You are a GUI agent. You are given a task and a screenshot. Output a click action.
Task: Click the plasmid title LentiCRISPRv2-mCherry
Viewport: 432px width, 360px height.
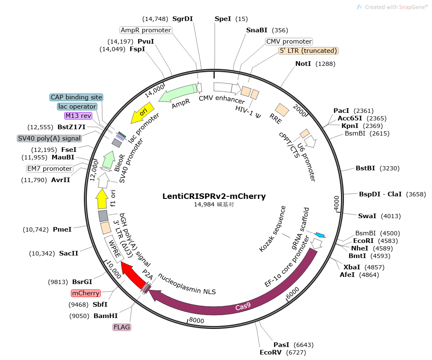coord(214,196)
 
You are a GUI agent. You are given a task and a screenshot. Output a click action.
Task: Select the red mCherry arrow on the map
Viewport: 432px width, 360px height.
coord(133,274)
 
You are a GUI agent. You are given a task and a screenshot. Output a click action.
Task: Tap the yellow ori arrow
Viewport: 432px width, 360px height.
coord(142,113)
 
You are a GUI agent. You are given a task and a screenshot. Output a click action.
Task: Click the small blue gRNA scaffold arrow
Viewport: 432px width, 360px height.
coord(320,235)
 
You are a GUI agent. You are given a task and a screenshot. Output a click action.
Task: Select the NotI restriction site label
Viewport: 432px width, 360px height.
coord(303,64)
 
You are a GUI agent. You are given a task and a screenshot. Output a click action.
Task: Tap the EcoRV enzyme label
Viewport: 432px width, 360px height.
coord(271,352)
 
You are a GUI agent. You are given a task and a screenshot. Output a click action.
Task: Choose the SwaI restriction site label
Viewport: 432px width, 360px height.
coord(367,216)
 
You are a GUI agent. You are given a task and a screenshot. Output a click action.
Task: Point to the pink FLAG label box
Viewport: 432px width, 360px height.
coord(122,327)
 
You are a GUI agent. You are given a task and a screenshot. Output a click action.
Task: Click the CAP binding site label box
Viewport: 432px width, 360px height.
coord(76,97)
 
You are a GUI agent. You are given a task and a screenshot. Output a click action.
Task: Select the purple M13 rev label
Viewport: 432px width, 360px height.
coord(78,116)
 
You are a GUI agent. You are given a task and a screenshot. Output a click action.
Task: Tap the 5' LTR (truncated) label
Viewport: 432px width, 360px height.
coord(308,51)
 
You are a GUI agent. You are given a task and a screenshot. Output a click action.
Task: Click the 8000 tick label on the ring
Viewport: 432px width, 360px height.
coord(196,320)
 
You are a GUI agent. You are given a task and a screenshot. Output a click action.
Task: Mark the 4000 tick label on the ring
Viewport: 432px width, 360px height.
coord(336,203)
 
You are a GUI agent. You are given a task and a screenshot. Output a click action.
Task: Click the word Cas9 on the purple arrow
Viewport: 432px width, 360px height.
coord(243,306)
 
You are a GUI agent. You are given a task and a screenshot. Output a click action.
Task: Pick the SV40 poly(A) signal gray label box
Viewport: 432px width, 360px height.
coord(49,138)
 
